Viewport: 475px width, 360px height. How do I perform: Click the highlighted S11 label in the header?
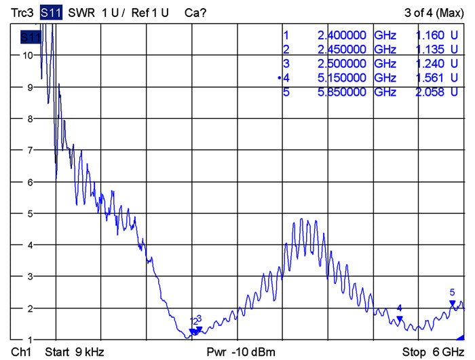pyautogui.click(x=51, y=12)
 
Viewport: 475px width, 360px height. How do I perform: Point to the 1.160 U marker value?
pyautogui.click(x=436, y=35)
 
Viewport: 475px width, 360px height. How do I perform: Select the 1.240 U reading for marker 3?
pyautogui.click(x=436, y=64)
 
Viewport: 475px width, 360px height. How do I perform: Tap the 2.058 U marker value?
pyautogui.click(x=436, y=92)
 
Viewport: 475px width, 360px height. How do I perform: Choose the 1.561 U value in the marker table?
pyautogui.click(x=436, y=78)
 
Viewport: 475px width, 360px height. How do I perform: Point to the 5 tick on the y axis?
pyautogui.click(x=28, y=213)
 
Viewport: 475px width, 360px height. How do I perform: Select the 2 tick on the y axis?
pyautogui.click(x=28, y=308)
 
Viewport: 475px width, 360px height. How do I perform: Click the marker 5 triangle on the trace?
pyautogui.click(x=452, y=303)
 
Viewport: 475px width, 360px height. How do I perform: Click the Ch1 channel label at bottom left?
pyautogui.click(x=22, y=352)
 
